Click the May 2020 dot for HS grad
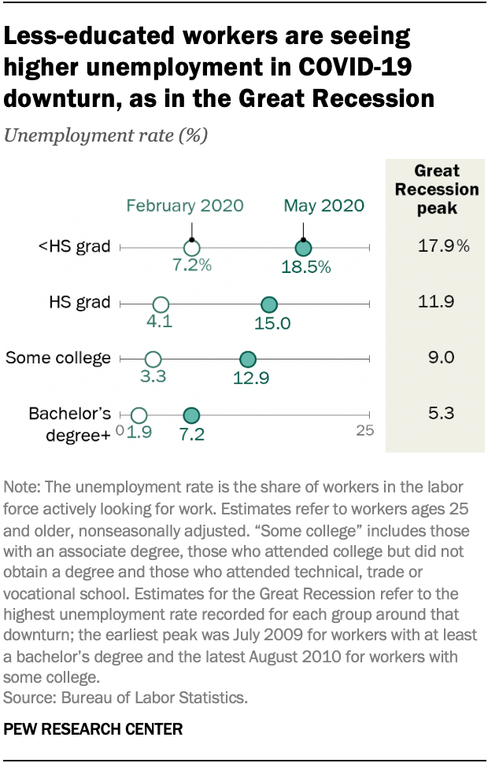[x=268, y=304]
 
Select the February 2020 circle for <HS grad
[x=190, y=248]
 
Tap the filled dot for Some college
[x=247, y=359]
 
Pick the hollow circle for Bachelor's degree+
[x=139, y=415]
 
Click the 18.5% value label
[x=305, y=267]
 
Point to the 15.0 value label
[x=272, y=323]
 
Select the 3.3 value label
[x=153, y=377]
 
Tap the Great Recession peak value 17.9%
[x=444, y=247]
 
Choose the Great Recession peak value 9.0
[x=437, y=358]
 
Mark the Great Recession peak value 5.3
[x=437, y=414]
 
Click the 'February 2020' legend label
[x=185, y=206]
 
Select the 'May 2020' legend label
[x=324, y=206]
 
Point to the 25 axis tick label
[x=364, y=430]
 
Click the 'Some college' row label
[x=58, y=358]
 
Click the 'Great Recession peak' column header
[x=437, y=190]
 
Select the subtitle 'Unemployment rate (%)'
[x=106, y=135]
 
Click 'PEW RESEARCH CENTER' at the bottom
[x=94, y=729]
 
